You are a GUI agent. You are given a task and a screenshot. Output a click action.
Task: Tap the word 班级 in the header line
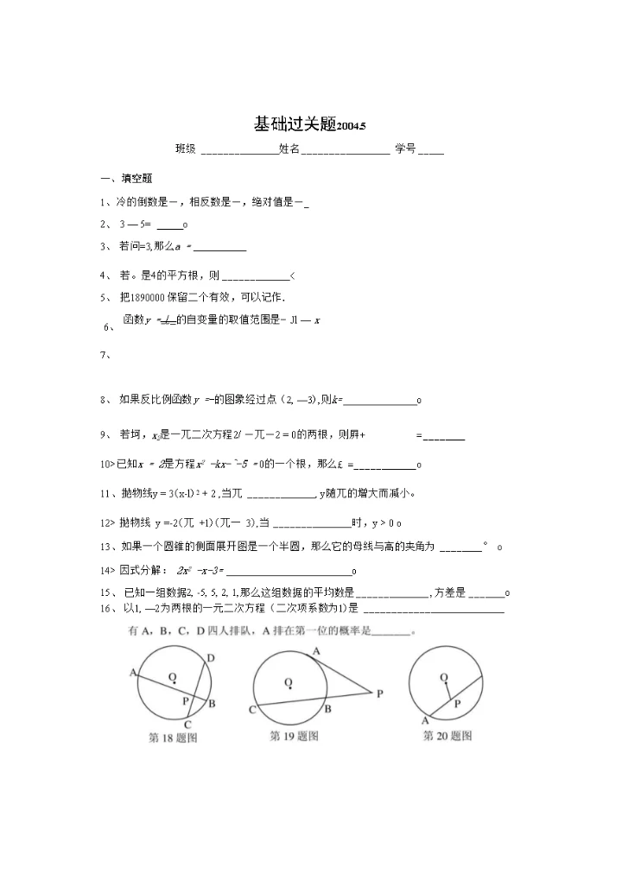[x=186, y=149]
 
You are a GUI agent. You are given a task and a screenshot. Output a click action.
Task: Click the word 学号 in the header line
[x=405, y=149]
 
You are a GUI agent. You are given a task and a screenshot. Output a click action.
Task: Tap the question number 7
[x=105, y=354]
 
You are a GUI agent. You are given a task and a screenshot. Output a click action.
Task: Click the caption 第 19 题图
[x=295, y=737]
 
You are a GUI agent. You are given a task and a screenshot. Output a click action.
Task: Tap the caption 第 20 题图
[x=447, y=737]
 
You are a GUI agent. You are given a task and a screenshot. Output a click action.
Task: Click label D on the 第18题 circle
[x=211, y=658]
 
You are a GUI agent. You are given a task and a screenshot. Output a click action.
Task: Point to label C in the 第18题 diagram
[x=187, y=725]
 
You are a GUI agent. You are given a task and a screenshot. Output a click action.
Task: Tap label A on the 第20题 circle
[x=425, y=720]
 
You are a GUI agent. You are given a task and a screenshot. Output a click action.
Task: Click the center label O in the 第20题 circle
[x=443, y=678]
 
